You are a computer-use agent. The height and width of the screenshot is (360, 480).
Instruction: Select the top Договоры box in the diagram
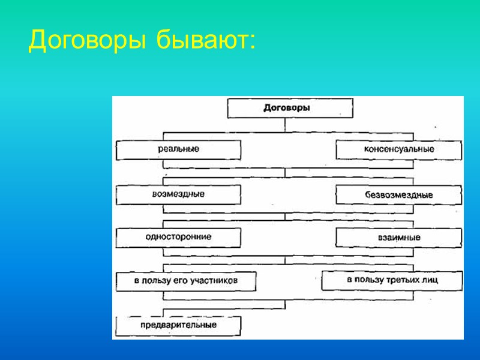[290, 109]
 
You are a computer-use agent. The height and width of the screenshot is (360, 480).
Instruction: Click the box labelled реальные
[178, 149]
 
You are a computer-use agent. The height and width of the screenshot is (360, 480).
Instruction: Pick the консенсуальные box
[399, 150]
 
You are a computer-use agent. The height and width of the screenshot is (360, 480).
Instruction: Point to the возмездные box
[178, 195]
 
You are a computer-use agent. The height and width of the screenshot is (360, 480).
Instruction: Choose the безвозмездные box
[399, 196]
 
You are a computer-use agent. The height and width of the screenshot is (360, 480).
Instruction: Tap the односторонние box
[178, 238]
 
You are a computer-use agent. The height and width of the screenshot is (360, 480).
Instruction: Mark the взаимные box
[399, 238]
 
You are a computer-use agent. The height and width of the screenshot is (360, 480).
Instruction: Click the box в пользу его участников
[185, 281]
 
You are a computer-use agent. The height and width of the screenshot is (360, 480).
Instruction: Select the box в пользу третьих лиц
[392, 280]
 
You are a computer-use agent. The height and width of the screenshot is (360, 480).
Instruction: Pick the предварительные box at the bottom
[178, 326]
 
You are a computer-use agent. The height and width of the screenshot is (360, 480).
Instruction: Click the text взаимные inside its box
[399, 238]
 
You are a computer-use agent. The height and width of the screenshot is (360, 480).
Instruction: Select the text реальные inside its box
[179, 148]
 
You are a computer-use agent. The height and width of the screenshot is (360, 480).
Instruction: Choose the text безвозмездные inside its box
[399, 196]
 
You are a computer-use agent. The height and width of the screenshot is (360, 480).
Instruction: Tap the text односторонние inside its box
[178, 237]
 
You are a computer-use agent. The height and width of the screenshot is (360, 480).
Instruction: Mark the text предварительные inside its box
[178, 325]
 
